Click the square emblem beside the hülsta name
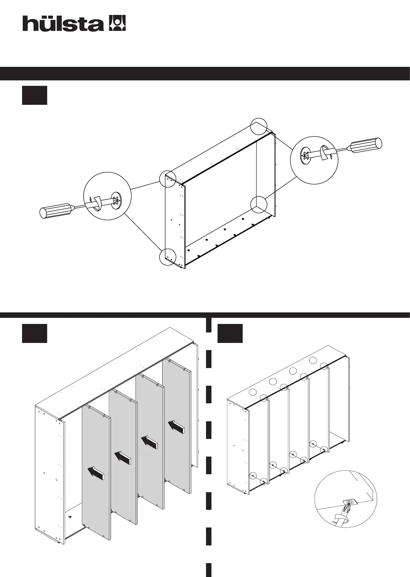coord(117,23)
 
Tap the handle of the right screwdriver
coord(366,145)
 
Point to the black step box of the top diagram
coord(35,96)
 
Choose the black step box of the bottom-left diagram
coord(35,333)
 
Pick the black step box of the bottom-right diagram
coord(230,333)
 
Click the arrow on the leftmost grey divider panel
coord(96,473)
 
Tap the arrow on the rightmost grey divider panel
coord(176,426)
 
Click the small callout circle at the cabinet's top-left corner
coord(168,179)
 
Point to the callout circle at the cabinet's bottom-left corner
coord(168,257)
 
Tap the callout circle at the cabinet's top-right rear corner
coord(259,126)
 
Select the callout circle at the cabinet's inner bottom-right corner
coord(259,205)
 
